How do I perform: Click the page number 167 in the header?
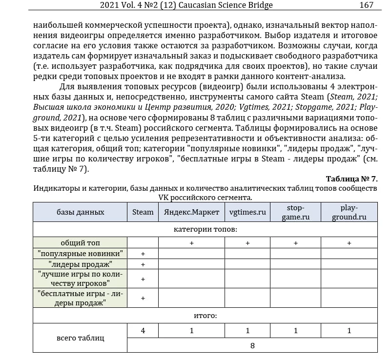coord(366,5)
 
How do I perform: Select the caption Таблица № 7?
coord(351,179)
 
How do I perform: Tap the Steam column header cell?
coord(143,212)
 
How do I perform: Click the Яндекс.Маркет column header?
coord(191,212)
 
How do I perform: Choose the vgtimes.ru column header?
coord(248,212)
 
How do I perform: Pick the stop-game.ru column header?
coord(295,212)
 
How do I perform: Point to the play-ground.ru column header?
coord(349,212)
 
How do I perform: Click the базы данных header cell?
coord(80,212)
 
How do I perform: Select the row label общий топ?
coord(80,242)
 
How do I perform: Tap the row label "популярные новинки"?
coord(80,253)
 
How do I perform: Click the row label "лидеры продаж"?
coord(80,264)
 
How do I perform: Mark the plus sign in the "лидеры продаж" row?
coord(143,264)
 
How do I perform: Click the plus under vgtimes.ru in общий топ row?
coord(248,243)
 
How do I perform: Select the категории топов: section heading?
coord(205,229)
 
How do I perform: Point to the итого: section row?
coord(205,316)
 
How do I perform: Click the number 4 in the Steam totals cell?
coord(143,330)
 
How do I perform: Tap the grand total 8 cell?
coord(252,345)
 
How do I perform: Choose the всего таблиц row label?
coord(80,338)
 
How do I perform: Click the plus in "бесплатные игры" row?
coord(143,298)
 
